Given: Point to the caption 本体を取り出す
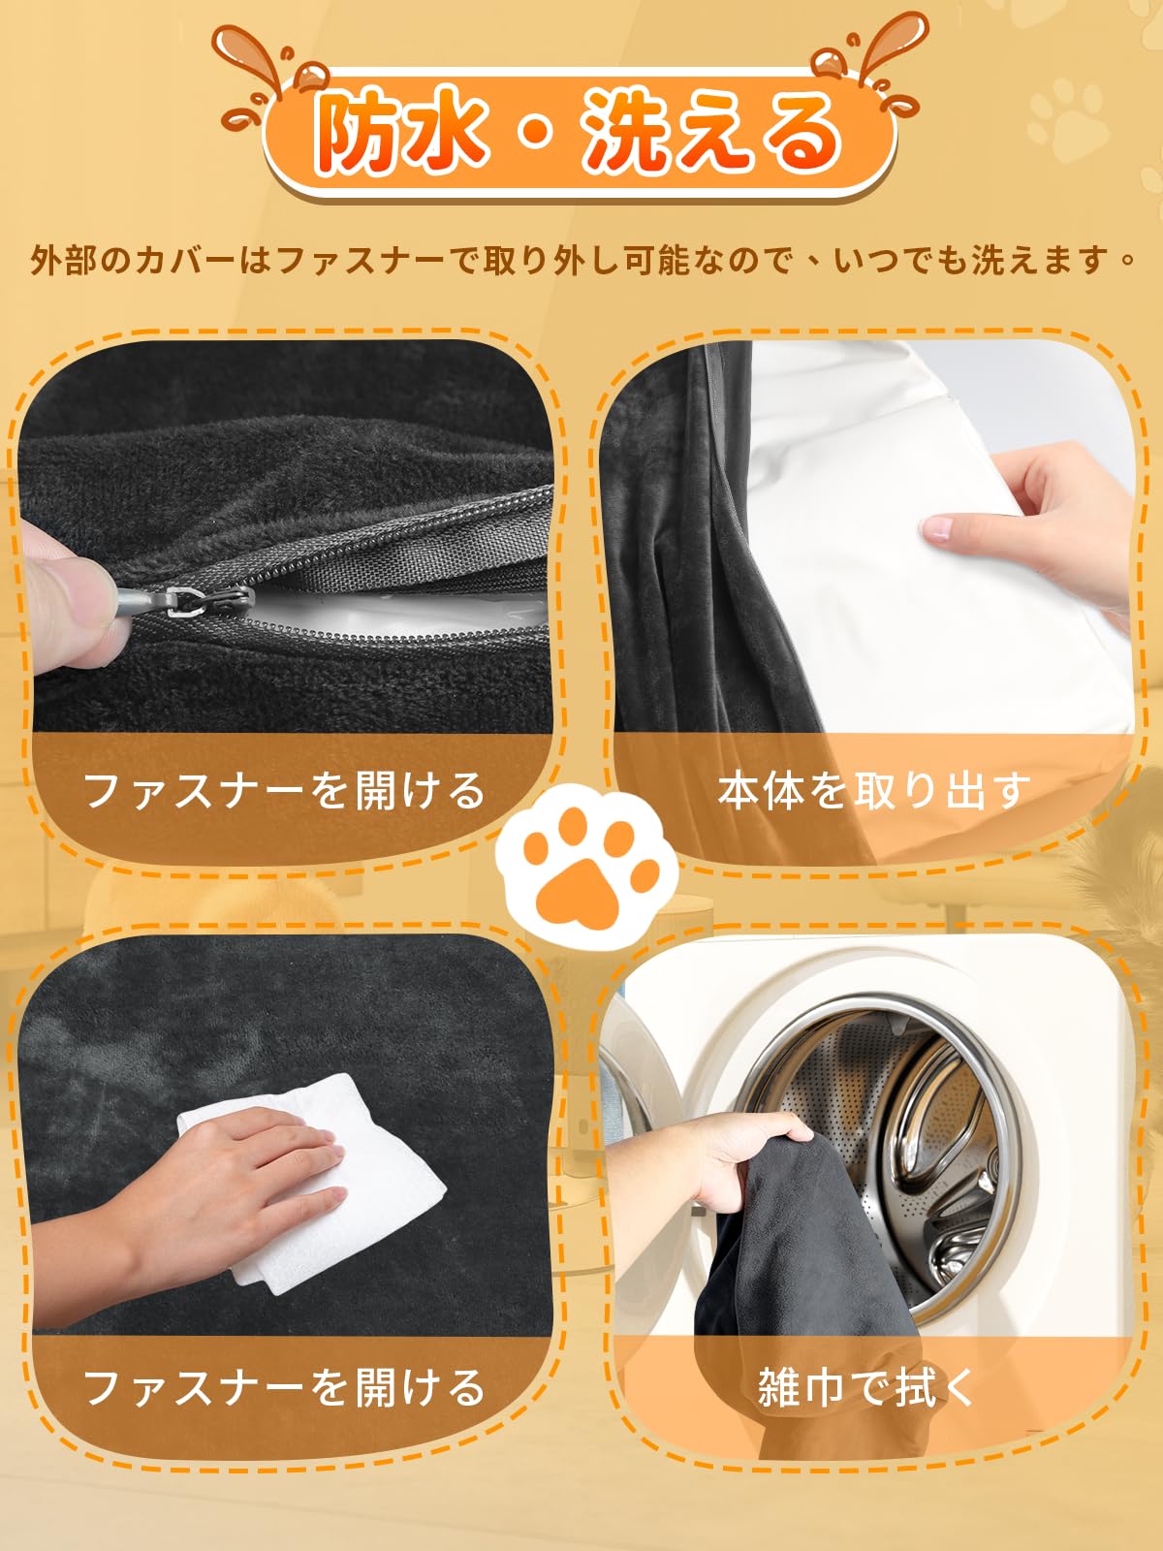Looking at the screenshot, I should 873,790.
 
